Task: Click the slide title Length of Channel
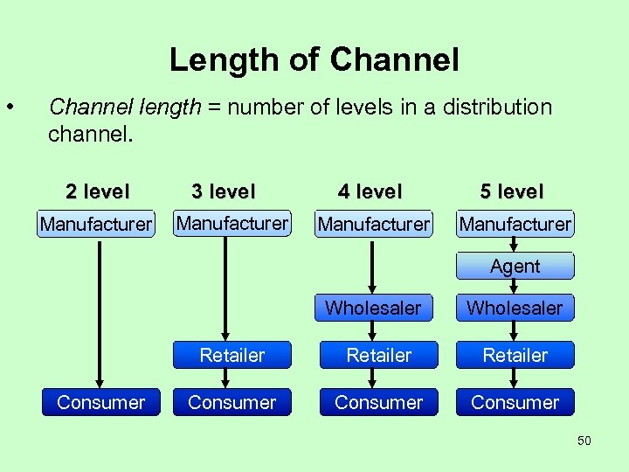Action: tap(314, 59)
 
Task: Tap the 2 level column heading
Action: tap(97, 191)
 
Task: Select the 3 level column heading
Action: tap(224, 191)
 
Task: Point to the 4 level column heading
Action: tap(370, 191)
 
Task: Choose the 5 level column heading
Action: tap(512, 191)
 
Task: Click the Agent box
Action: tap(515, 266)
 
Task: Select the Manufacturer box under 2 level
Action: tap(96, 224)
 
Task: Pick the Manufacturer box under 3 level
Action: tap(232, 223)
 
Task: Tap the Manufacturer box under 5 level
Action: tap(515, 224)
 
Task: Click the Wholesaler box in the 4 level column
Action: tap(373, 308)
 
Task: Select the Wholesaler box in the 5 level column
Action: tap(515, 308)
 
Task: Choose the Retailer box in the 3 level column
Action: tap(232, 355)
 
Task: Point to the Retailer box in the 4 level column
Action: tap(378, 355)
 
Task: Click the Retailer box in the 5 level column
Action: tap(515, 355)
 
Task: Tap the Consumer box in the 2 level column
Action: tap(101, 402)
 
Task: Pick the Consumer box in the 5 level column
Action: tap(515, 402)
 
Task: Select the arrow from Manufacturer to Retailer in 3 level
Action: tap(225, 288)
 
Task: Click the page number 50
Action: tap(584, 441)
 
